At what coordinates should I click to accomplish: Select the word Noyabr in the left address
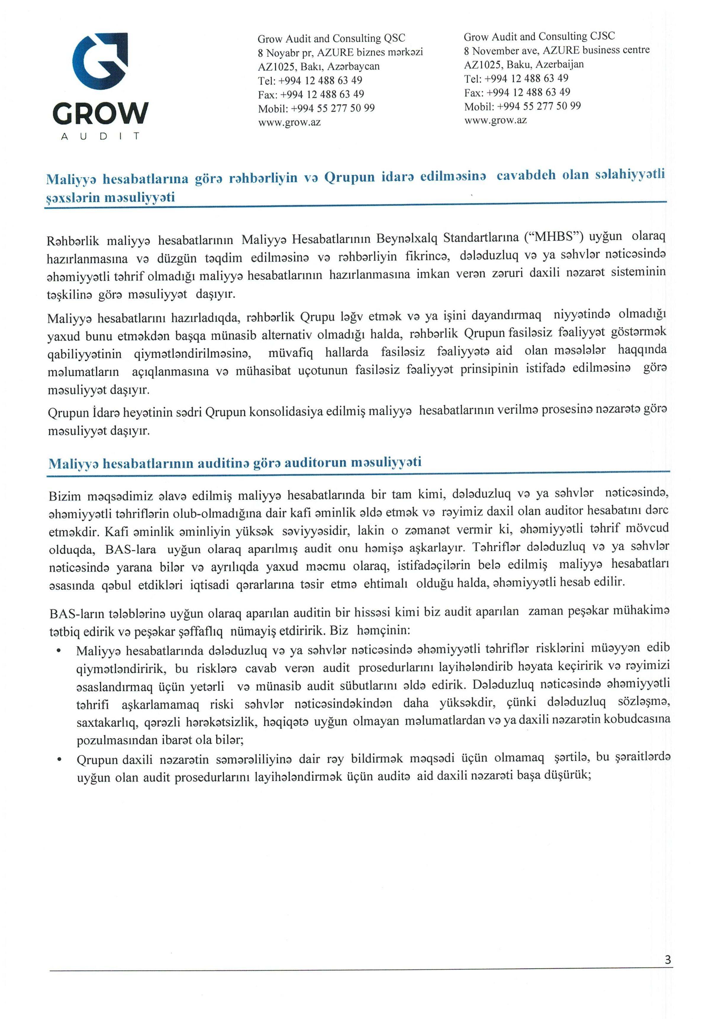coord(283,53)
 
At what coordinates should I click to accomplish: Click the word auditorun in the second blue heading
coord(315,464)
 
